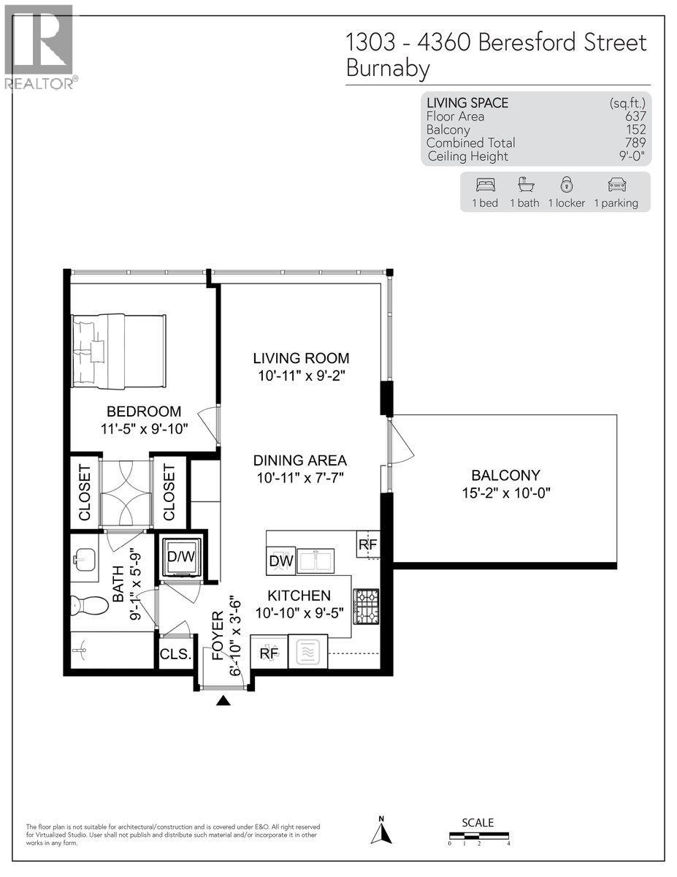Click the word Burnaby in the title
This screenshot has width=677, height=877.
[388, 69]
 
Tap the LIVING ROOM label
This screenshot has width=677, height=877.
[301, 358]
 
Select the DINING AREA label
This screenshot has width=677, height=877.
[299, 461]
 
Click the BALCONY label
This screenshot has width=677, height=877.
[500, 474]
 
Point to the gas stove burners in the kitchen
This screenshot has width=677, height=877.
[364, 604]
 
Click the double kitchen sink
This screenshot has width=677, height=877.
[314, 561]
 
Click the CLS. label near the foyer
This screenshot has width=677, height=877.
[175, 654]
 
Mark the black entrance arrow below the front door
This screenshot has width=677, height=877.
[223, 701]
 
